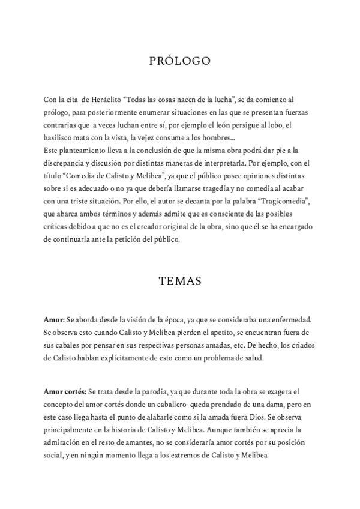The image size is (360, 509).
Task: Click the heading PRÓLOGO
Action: (179, 61)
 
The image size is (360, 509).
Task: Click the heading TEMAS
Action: (179, 280)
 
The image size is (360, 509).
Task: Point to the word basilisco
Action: (59, 138)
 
